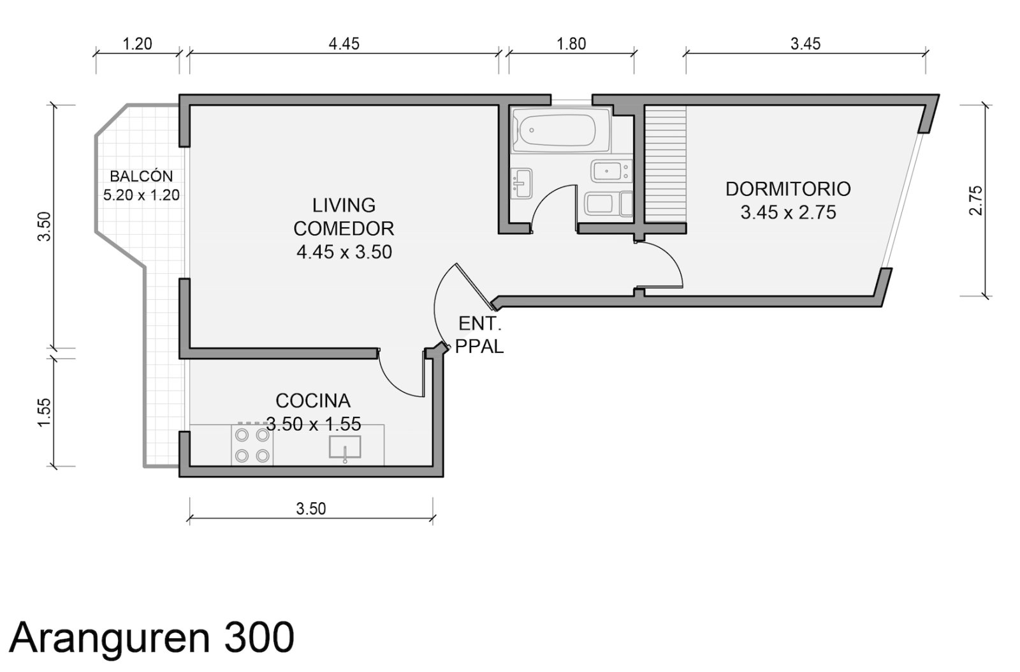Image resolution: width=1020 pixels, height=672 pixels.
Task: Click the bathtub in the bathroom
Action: [560, 130]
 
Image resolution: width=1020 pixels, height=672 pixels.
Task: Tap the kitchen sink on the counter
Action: [345, 447]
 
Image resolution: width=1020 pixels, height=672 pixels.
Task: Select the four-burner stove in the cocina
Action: [252, 445]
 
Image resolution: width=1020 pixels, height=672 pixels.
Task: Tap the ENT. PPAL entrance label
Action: [479, 335]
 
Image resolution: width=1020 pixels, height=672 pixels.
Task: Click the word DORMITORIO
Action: [788, 189]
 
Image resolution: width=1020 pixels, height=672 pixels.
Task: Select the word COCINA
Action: [313, 401]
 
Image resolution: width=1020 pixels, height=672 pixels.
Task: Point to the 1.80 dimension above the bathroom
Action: [571, 44]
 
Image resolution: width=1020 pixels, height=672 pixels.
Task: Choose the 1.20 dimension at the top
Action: [137, 44]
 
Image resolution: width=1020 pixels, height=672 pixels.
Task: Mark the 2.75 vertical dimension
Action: [976, 200]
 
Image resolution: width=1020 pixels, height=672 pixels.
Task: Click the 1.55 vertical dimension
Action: [44, 413]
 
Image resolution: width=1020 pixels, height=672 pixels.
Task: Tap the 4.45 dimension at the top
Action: [344, 44]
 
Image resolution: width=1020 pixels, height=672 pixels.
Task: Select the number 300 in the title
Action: [259, 638]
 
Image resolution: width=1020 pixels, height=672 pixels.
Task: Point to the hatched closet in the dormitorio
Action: [666, 164]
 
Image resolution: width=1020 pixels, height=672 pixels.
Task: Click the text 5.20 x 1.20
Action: [141, 195]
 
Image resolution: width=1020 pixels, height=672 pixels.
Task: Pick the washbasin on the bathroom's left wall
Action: [521, 183]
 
